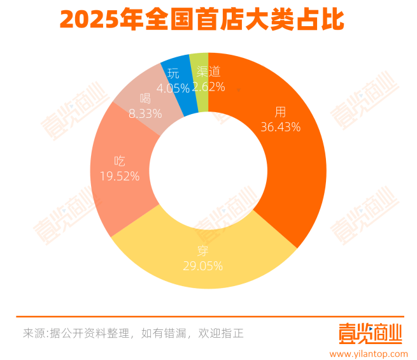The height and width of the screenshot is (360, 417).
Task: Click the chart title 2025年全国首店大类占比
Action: pyautogui.click(x=202, y=20)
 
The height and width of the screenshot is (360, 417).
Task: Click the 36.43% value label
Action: pyautogui.click(x=280, y=127)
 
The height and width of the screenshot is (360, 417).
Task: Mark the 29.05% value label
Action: pyautogui.click(x=202, y=266)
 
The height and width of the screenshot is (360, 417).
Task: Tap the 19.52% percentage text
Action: pyautogui.click(x=120, y=176)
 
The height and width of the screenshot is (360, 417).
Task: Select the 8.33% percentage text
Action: pyautogui.click(x=145, y=113)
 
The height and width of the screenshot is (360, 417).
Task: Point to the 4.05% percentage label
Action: pyautogui.click(x=172, y=87)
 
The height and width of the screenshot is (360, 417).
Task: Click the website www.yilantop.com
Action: pyautogui.click(x=369, y=352)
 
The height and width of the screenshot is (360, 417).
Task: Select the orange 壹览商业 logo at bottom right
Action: pyautogui.click(x=370, y=333)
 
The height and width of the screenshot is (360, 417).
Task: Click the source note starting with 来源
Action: pyautogui.click(x=133, y=333)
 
